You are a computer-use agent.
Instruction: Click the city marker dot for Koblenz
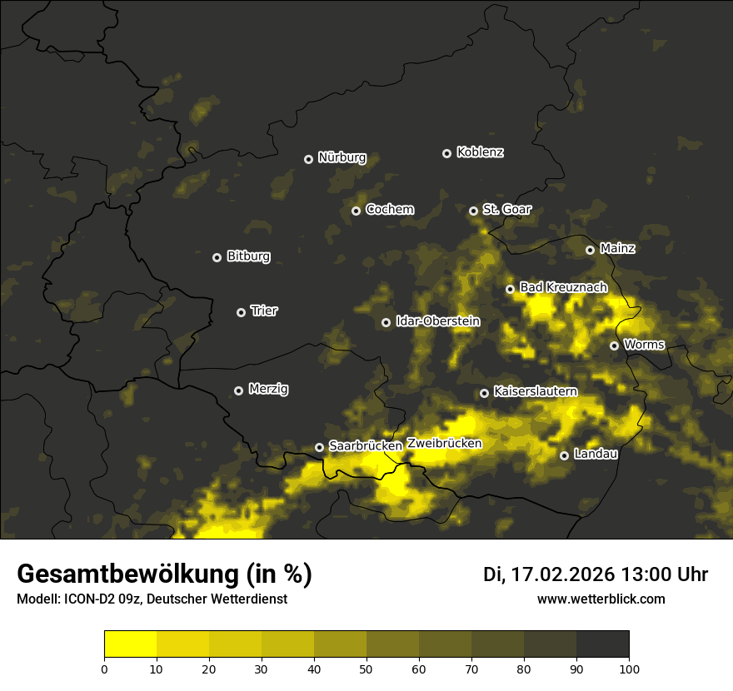(x=446, y=153)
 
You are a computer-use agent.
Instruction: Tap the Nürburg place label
(x=342, y=157)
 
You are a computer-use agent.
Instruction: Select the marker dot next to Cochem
(x=356, y=211)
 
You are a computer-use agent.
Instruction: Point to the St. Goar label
(x=506, y=210)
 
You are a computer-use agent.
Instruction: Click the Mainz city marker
(x=590, y=250)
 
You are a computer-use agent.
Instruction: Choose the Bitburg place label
(x=248, y=256)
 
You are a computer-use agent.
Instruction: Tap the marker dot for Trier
(x=241, y=312)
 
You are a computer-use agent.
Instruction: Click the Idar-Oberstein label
(x=437, y=321)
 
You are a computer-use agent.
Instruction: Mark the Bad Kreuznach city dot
(x=510, y=289)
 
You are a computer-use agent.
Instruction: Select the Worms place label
(x=644, y=345)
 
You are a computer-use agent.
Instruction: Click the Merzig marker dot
(x=238, y=390)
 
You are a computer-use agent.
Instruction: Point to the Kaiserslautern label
(x=535, y=391)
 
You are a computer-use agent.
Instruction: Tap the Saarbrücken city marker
(x=319, y=447)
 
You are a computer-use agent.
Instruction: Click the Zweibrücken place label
(x=444, y=444)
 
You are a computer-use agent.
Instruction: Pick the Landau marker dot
(x=564, y=455)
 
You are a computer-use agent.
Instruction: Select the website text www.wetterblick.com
(x=601, y=599)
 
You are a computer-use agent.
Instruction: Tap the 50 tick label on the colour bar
(x=366, y=669)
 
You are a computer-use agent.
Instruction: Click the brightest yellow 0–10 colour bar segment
(x=130, y=644)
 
